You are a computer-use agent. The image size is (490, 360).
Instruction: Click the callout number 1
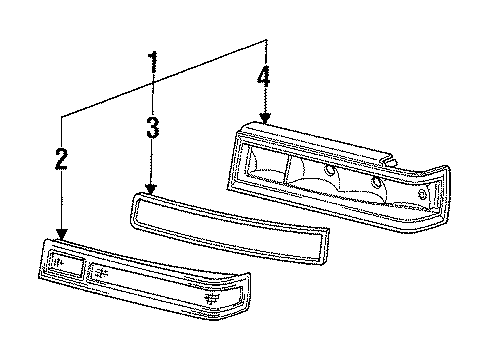(x=153, y=66)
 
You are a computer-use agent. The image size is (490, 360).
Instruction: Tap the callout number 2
(x=61, y=158)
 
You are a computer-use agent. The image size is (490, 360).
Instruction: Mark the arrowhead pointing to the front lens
(x=62, y=234)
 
